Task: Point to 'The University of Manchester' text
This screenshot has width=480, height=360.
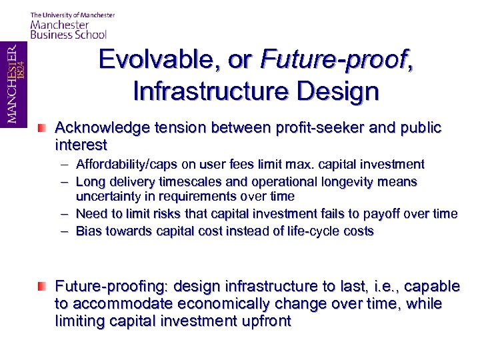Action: [x=73, y=15]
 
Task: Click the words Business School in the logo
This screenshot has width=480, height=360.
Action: [x=69, y=35]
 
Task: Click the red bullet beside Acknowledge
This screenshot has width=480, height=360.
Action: [x=42, y=127]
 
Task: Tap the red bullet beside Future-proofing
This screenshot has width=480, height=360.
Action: [x=42, y=286]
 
